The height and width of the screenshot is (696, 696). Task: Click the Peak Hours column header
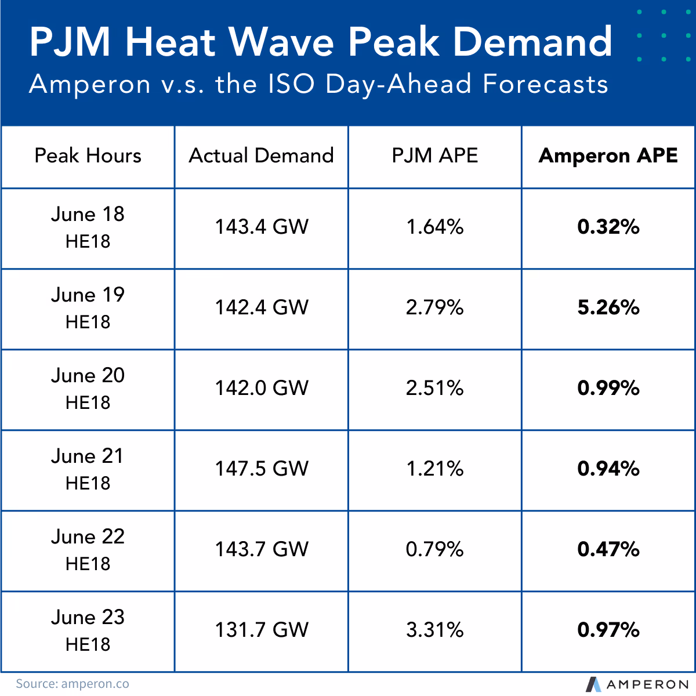pos(88,155)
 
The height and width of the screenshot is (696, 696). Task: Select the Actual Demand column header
pos(261,155)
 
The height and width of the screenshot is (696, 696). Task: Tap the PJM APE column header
pos(435,155)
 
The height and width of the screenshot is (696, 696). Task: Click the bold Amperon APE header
pos(608,155)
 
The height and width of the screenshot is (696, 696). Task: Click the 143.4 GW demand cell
pos(262,227)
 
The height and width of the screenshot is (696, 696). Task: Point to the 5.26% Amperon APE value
pos(608,307)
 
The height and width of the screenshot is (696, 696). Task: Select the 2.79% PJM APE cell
pos(435,307)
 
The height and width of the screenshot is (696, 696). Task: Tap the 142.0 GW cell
pos(262,388)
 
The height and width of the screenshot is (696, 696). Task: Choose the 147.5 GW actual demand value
pos(262,469)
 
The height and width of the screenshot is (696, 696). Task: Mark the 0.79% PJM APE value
pos(435,549)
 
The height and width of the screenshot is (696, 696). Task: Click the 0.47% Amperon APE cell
pos(608,549)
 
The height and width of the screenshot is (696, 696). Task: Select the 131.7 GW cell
pos(262,630)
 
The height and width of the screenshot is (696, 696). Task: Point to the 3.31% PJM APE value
pos(435,630)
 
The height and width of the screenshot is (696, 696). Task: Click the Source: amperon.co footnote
pos(72,684)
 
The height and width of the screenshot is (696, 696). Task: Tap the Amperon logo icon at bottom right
pos(593,684)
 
